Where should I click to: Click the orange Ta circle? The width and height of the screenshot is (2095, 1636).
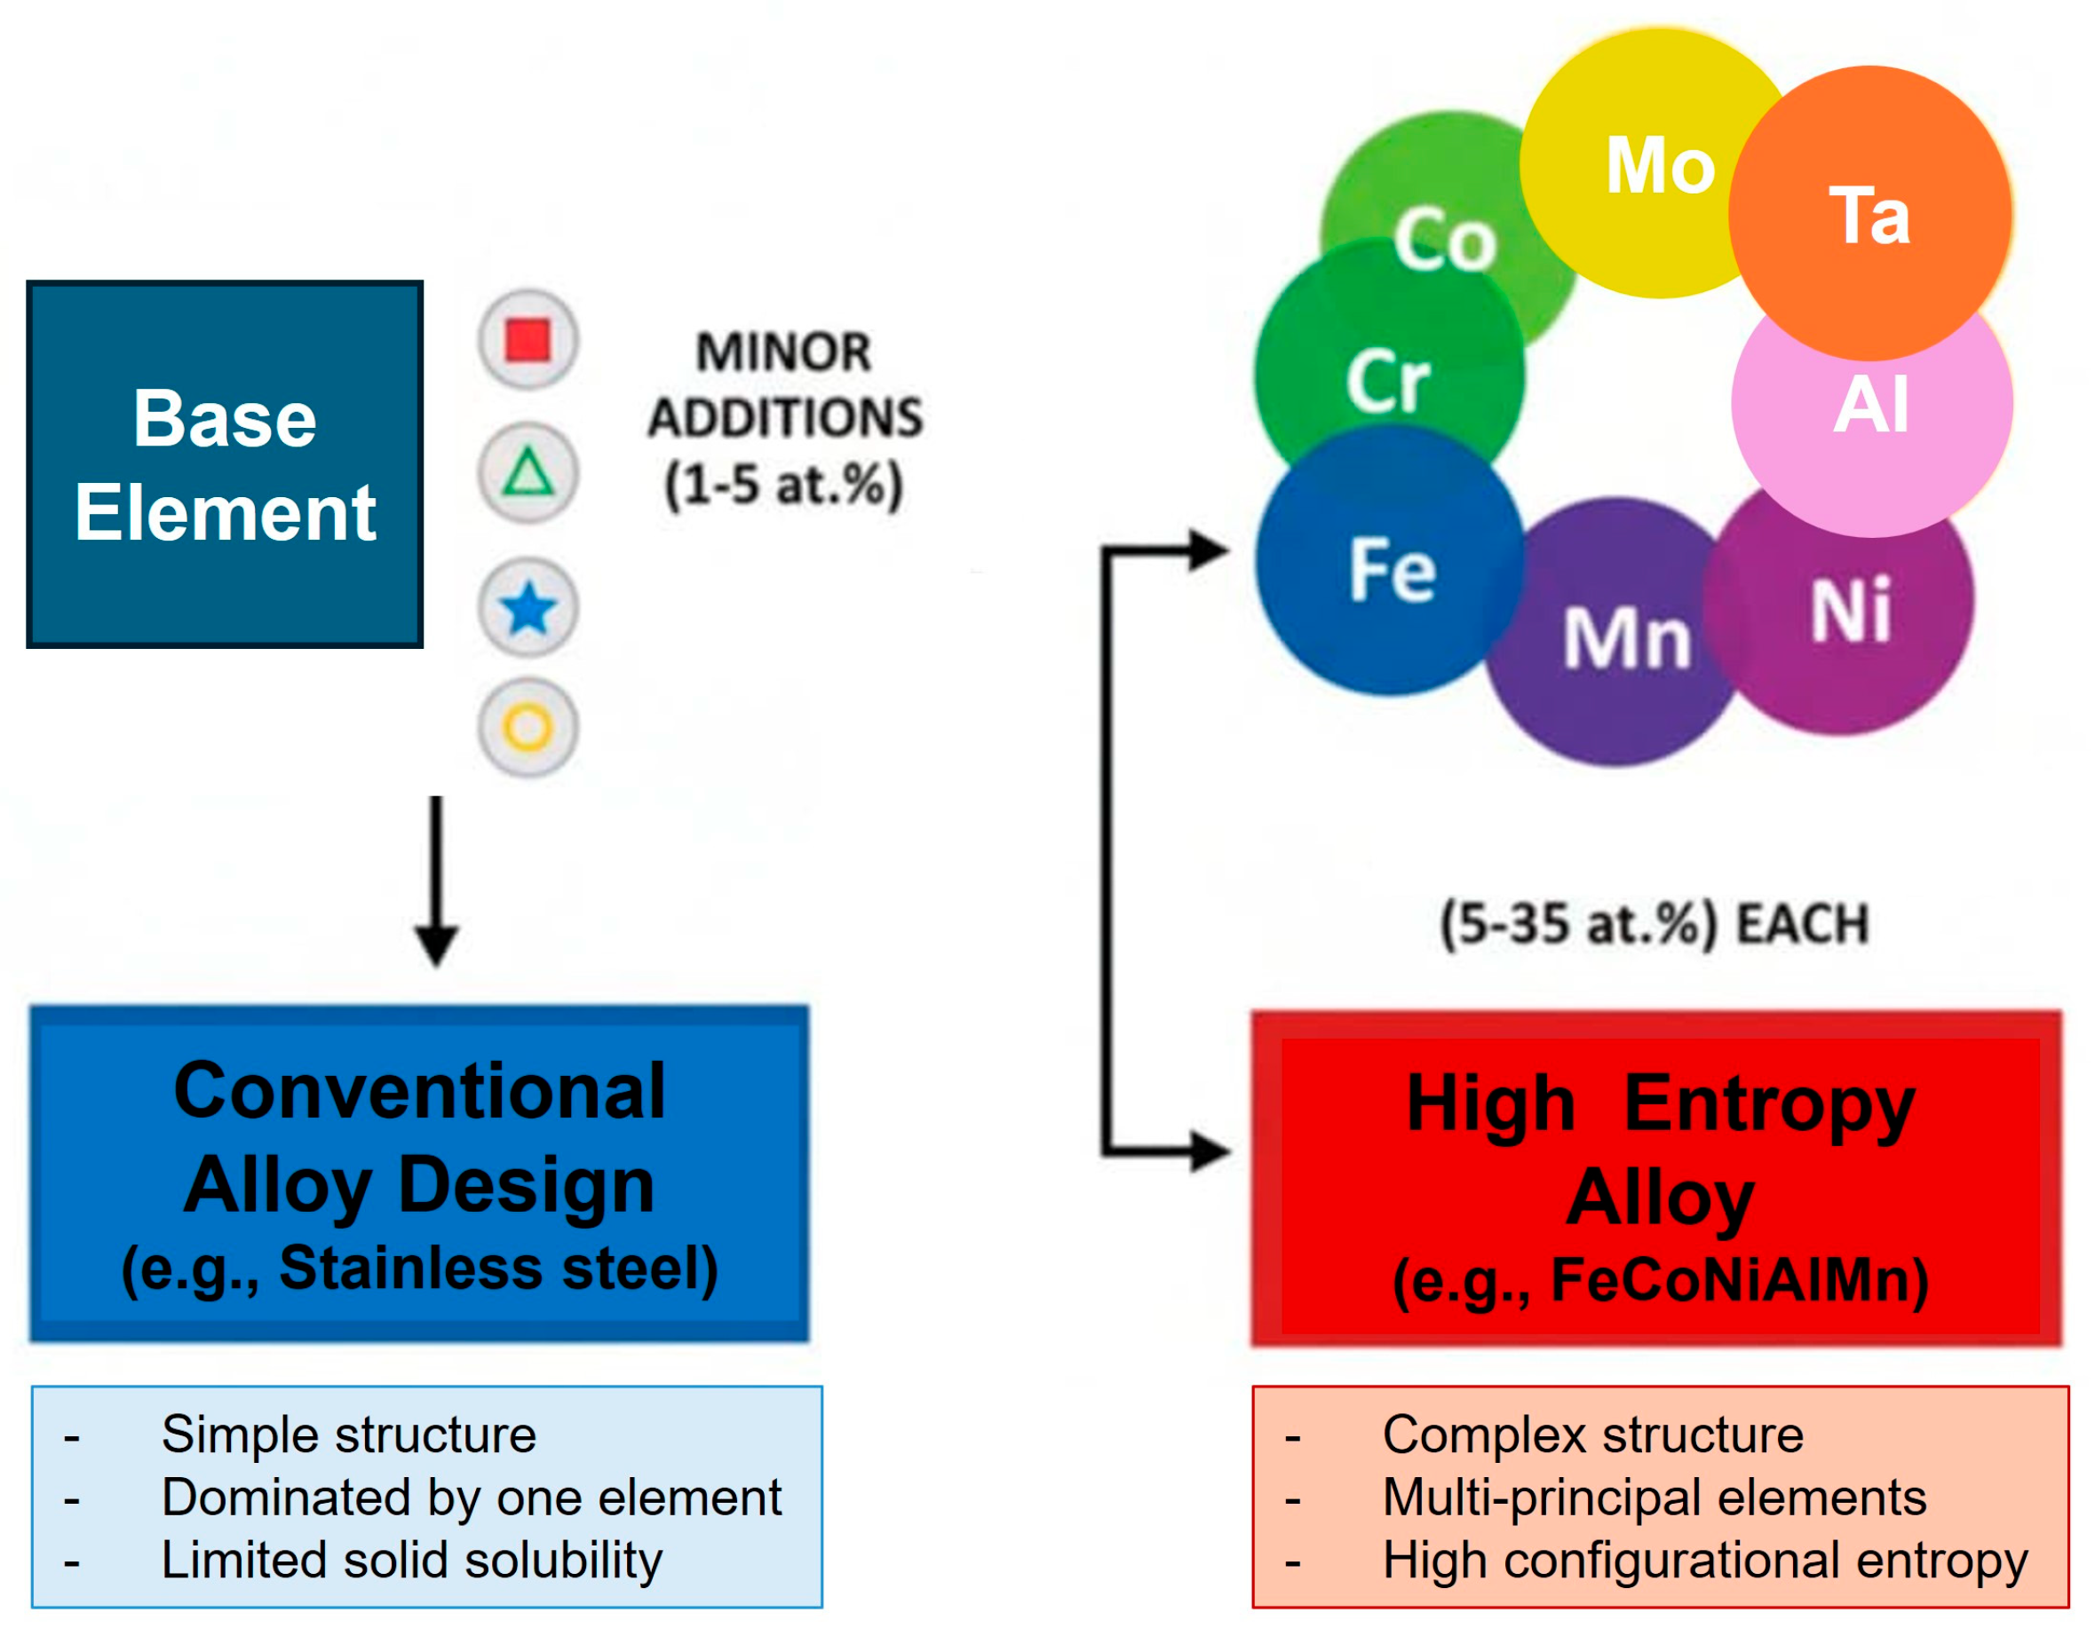click(x=1869, y=213)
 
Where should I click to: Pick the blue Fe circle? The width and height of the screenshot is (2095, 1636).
click(x=1390, y=561)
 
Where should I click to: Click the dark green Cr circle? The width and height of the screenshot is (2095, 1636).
click(x=1389, y=369)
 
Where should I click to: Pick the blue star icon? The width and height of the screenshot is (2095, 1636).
click(x=528, y=609)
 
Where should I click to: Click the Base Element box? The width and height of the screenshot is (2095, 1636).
click(x=225, y=464)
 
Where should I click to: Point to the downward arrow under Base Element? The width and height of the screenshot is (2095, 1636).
click(x=436, y=881)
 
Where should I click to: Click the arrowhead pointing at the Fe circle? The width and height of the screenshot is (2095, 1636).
click(x=1210, y=550)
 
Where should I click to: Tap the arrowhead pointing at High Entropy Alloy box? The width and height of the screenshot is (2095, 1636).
click(x=1211, y=1150)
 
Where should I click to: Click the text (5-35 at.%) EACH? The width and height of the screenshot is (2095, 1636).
click(x=1655, y=924)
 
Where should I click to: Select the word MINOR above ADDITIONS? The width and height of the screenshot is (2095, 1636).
click(x=783, y=351)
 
